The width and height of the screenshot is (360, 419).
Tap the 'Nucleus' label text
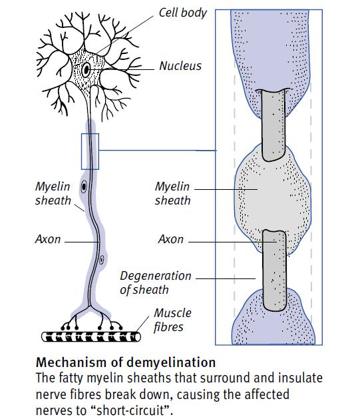coord(180,67)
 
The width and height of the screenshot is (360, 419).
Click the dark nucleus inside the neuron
coord(87,69)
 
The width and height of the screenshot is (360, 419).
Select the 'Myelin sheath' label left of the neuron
coord(53,193)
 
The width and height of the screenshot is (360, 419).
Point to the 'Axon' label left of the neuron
coord(48,238)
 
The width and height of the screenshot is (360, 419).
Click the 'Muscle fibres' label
coord(172,320)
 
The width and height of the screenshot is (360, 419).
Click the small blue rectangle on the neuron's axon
coord(90,151)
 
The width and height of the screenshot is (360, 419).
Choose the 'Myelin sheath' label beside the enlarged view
coord(172,193)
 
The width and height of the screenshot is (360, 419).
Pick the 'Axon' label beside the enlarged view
coord(171,238)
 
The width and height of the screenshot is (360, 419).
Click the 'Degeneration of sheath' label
coord(155,282)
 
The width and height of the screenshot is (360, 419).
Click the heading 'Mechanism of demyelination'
coord(125,363)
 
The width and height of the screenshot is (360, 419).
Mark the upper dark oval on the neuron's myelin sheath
coord(84,187)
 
